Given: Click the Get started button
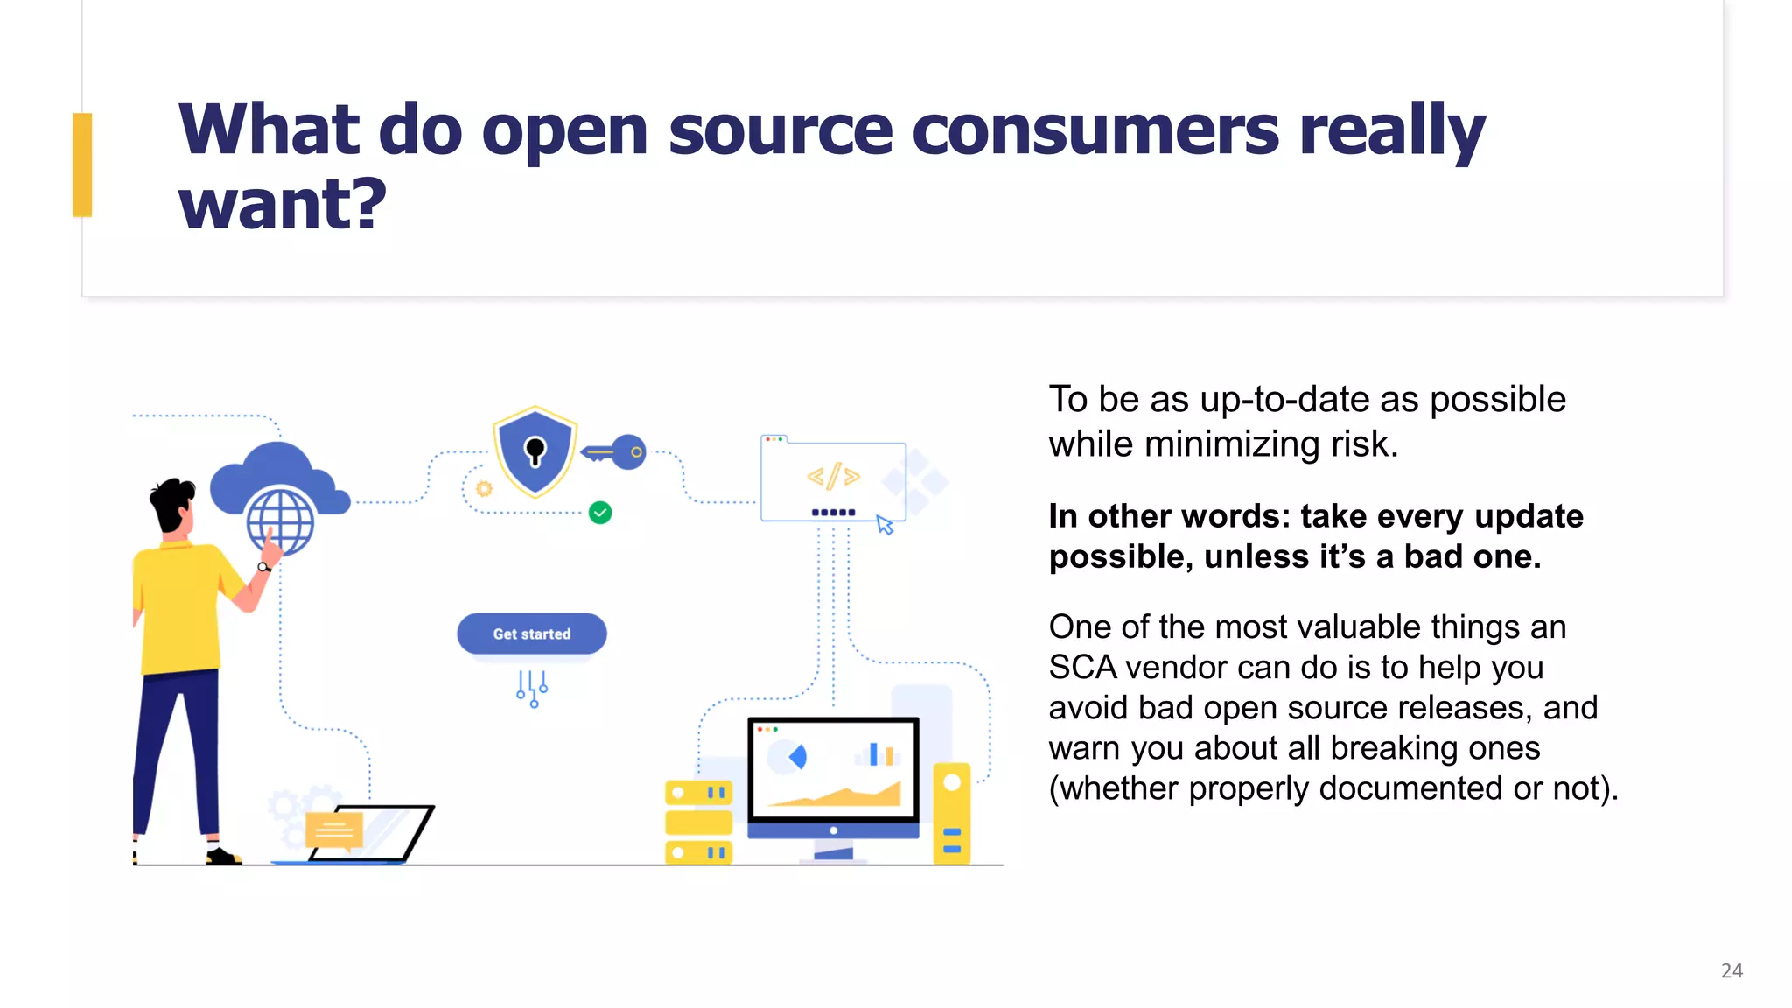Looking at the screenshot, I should click(531, 633).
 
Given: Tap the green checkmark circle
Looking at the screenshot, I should click(600, 513).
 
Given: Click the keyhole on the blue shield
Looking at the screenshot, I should click(535, 451).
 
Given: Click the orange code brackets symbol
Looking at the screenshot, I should click(833, 477).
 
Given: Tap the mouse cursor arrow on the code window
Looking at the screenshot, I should click(885, 525).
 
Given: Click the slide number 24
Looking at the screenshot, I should click(1732, 970).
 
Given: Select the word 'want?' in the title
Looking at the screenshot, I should click(283, 204).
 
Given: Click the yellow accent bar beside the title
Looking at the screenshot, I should click(82, 164).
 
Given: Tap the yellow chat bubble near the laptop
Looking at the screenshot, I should click(333, 829).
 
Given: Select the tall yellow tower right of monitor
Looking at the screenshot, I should click(952, 813).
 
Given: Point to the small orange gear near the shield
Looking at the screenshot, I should click(484, 488).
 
